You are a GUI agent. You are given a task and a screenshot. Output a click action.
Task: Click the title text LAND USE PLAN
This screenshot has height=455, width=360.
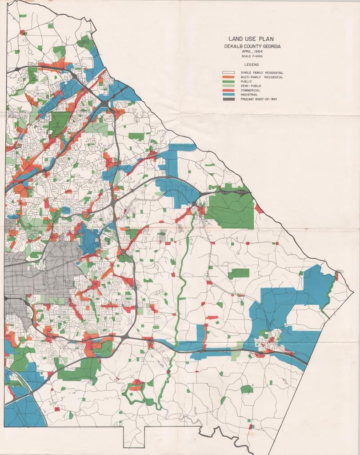pos(248,39)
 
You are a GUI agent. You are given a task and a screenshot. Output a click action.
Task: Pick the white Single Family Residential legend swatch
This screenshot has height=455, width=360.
pos(228,72)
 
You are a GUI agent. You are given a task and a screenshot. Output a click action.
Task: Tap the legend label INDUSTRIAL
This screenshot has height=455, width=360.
pos(249,94)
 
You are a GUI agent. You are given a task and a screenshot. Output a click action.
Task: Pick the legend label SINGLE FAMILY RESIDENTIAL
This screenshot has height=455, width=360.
pos(262,72)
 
